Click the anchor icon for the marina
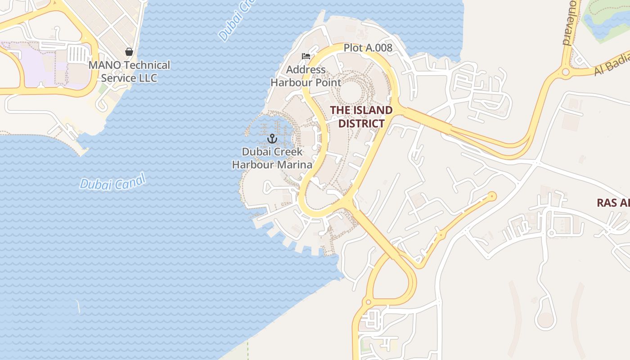[x=272, y=138]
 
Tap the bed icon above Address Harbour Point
[x=306, y=56]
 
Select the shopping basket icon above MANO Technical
[x=129, y=52]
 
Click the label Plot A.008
[x=368, y=48]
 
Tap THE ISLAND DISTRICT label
[x=361, y=117]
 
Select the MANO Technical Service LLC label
[x=129, y=72]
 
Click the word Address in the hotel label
[x=306, y=70]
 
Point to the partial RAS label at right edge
[x=613, y=203]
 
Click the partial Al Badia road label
[x=612, y=67]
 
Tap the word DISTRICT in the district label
[x=361, y=123]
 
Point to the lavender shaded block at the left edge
[x=27, y=63]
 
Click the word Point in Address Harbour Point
[x=329, y=83]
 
